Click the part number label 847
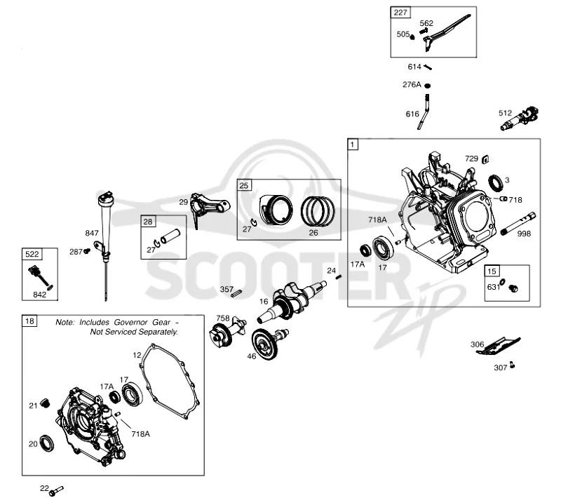click(x=92, y=234)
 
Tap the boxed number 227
click(x=400, y=13)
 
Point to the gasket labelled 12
click(x=169, y=381)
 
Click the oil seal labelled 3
click(x=496, y=182)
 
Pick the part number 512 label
click(x=505, y=113)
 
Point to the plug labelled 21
click(x=45, y=403)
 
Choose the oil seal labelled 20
click(x=46, y=443)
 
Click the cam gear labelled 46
click(x=269, y=343)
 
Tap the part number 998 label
click(x=524, y=234)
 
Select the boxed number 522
click(x=32, y=254)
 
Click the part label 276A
click(x=412, y=85)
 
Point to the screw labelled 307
click(x=513, y=365)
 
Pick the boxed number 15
click(x=492, y=271)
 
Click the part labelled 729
click(x=485, y=159)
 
